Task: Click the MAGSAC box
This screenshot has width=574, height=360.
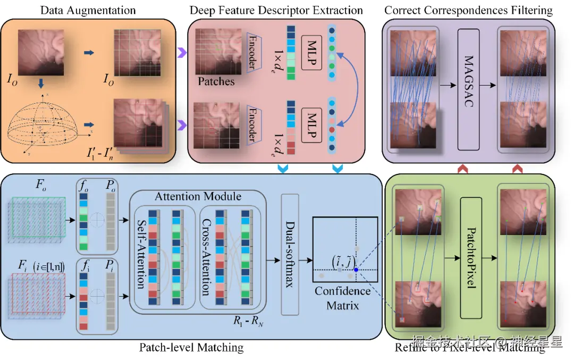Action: coord(468,89)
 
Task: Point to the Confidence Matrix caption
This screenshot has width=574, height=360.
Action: coord(343,298)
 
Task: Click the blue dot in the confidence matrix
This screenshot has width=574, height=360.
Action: coord(356,270)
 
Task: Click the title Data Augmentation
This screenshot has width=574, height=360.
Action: coord(88,10)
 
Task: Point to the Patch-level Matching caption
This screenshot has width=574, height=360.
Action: coord(191,348)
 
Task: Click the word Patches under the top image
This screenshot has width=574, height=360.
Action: coord(216,81)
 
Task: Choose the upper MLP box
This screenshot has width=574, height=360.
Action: coord(311,53)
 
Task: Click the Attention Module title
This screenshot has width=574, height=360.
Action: coord(198,196)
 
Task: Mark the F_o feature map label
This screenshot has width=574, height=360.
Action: coord(41,186)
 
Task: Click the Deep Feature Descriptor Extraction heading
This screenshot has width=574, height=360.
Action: coord(277,10)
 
